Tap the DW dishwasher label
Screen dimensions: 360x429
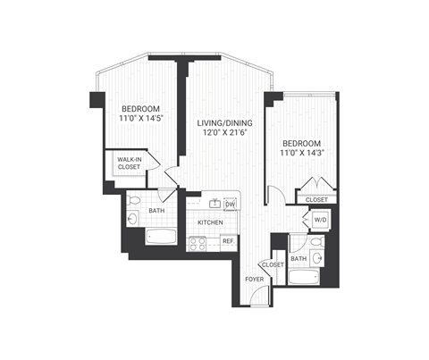click(x=230, y=205)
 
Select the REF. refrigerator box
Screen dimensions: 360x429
click(x=228, y=241)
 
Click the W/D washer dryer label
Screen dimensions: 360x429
click(x=320, y=219)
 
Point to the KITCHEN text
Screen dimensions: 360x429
click(x=210, y=222)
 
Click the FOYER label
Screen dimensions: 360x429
click(x=255, y=280)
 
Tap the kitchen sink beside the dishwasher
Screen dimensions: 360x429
click(x=206, y=203)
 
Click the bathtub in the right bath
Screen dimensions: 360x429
click(x=303, y=277)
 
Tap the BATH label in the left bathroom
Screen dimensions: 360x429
click(x=156, y=212)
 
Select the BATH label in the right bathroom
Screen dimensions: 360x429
click(x=299, y=258)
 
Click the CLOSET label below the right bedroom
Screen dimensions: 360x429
click(x=316, y=200)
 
